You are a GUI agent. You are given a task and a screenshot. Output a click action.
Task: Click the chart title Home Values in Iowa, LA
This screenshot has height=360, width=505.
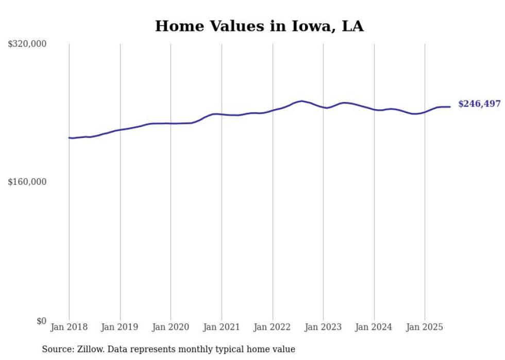(259, 26)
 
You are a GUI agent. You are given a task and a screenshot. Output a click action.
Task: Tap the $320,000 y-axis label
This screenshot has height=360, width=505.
(27, 44)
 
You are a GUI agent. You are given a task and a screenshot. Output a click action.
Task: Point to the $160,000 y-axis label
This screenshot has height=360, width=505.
(27, 182)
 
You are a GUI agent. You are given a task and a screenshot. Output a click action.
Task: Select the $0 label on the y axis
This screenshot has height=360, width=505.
(41, 321)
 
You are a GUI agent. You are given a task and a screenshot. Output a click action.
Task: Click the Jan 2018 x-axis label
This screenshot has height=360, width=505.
(69, 327)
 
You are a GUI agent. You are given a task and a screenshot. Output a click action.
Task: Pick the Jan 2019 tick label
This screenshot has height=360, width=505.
(120, 327)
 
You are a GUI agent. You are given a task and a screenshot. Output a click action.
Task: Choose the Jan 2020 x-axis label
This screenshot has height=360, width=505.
(171, 327)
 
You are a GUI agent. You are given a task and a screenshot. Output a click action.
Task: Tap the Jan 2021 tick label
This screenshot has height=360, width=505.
(222, 327)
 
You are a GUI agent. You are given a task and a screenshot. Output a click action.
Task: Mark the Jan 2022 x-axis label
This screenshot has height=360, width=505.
(273, 327)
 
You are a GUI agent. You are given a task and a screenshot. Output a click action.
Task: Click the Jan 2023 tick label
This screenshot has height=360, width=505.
(323, 327)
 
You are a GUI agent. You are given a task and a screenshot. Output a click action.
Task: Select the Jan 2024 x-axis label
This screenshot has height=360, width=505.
(374, 327)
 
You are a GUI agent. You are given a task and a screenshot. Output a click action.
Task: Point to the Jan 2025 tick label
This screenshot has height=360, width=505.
(425, 327)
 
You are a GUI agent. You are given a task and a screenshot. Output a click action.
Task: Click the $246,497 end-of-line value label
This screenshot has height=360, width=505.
(479, 104)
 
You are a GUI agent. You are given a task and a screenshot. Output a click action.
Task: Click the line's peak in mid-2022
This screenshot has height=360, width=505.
(302, 101)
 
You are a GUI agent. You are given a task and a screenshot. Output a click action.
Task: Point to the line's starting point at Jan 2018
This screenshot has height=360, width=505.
(69, 138)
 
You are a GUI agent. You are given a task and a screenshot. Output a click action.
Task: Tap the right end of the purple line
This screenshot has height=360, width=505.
(450, 107)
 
